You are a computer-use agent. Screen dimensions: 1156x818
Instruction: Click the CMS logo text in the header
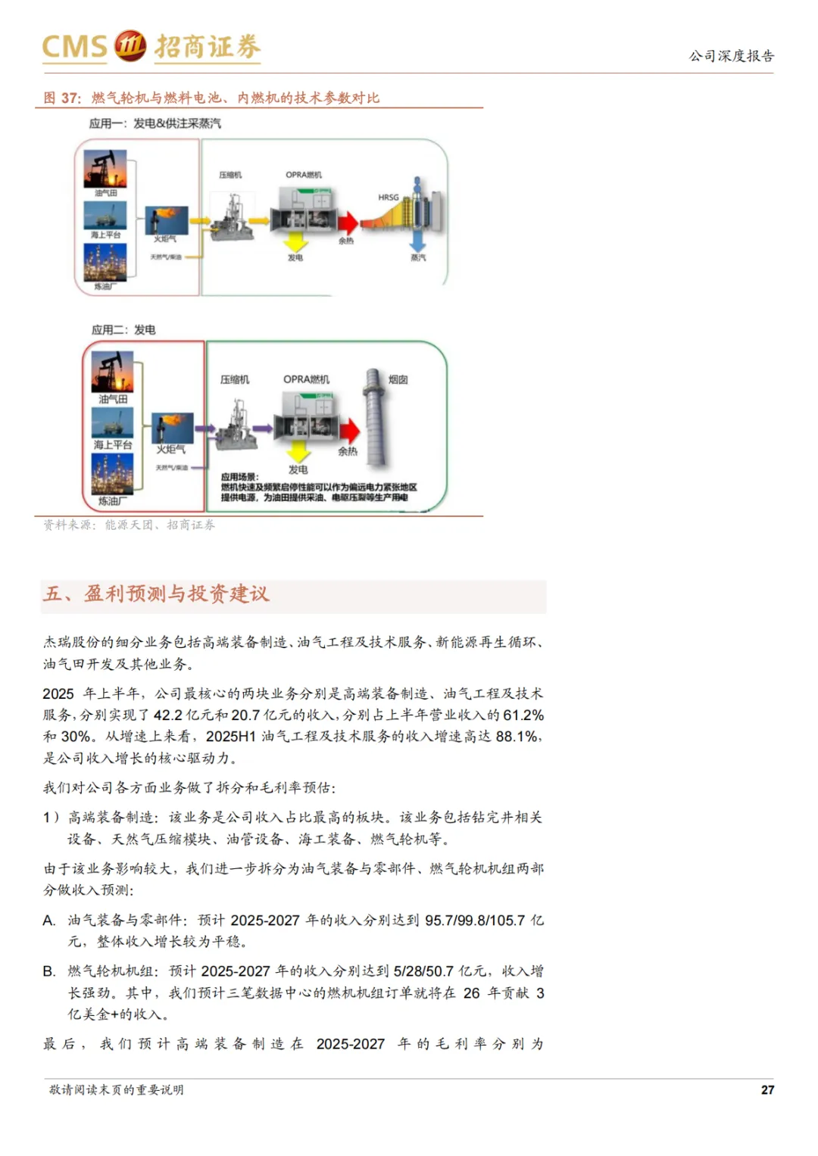click(x=74, y=47)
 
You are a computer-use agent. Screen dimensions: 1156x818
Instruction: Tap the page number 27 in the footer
click(x=767, y=1089)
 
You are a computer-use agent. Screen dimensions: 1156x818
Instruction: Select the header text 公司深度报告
click(x=731, y=56)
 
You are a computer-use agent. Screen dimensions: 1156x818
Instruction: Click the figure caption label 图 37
click(x=61, y=98)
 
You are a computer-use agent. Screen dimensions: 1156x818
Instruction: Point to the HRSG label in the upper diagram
click(x=389, y=198)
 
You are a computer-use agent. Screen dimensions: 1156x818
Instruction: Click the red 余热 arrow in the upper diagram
click(x=348, y=223)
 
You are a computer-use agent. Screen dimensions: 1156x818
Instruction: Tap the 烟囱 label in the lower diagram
click(x=398, y=379)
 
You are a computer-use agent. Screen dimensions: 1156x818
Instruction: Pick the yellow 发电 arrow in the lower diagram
click(x=298, y=452)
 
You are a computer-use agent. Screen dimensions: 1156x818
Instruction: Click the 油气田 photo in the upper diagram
click(x=105, y=168)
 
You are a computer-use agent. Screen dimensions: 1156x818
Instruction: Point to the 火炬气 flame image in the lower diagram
click(x=172, y=428)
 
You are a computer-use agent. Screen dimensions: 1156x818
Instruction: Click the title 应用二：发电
click(x=123, y=330)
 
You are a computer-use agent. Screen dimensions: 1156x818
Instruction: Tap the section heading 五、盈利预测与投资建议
click(x=156, y=594)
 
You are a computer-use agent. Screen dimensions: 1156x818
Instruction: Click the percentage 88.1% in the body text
click(x=518, y=736)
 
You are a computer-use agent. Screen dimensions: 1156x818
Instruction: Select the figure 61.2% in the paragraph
click(x=523, y=715)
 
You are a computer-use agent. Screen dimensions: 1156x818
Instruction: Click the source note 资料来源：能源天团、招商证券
click(x=129, y=525)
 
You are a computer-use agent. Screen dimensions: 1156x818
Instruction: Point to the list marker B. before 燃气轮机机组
click(x=49, y=971)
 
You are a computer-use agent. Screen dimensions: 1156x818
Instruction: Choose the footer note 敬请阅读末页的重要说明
click(x=117, y=1089)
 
